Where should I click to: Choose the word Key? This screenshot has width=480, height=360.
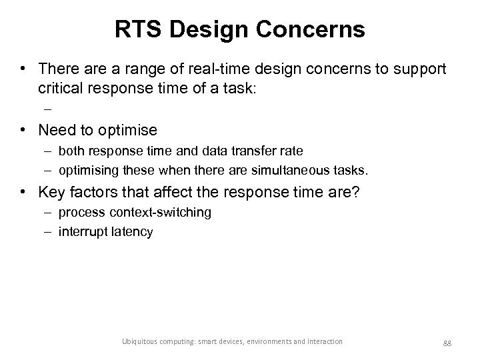coord(51,193)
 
